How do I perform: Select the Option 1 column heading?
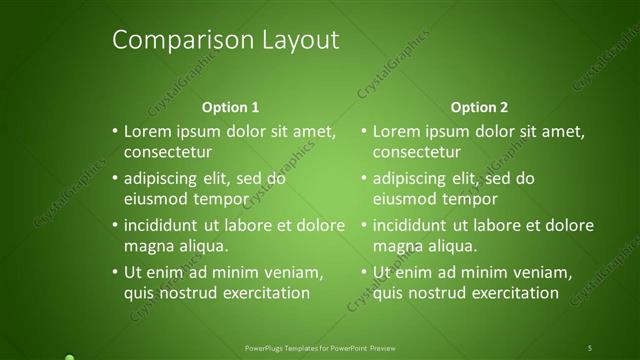230,107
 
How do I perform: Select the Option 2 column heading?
479,107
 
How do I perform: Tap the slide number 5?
590,347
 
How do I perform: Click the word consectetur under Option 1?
168,153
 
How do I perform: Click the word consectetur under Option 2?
417,153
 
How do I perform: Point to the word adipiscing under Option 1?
165,180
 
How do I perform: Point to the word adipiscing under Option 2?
412,180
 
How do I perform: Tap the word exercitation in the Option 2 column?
512,293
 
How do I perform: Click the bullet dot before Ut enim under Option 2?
364,272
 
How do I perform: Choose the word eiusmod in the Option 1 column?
155,199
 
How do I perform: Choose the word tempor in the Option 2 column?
471,199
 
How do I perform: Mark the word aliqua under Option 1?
202,245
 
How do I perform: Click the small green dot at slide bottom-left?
68,356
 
